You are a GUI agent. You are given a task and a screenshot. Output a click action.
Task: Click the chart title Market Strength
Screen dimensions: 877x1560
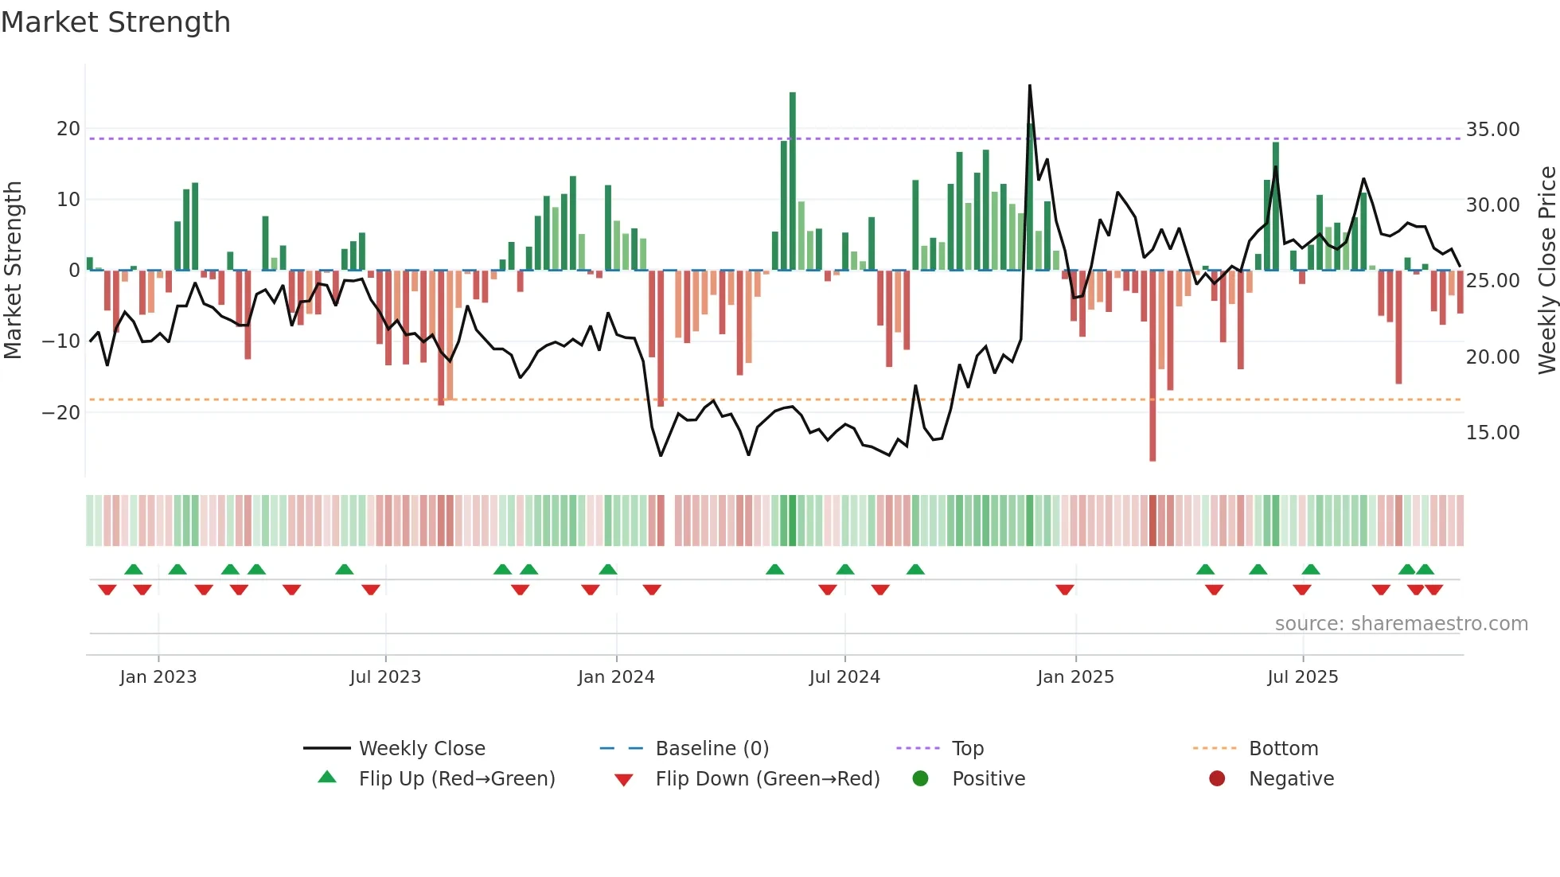click(x=115, y=22)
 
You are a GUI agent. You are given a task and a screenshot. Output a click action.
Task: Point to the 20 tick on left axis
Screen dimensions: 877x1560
click(x=68, y=129)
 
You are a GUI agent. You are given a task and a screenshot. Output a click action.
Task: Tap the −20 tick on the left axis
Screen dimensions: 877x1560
click(x=61, y=412)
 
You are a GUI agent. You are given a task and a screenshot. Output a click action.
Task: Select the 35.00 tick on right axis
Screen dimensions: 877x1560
click(x=1492, y=130)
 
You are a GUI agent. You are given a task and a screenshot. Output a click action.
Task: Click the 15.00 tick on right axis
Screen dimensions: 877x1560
click(x=1492, y=433)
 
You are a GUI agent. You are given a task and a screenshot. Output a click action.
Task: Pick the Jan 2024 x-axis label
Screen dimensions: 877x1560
click(x=616, y=677)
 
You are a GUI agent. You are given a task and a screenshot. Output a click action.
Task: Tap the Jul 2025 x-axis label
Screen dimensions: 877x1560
click(x=1302, y=677)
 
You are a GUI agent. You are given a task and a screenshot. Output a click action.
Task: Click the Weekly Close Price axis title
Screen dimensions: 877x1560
click(x=1546, y=271)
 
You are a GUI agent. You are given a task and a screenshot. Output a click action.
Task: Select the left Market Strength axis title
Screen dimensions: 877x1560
click(x=14, y=271)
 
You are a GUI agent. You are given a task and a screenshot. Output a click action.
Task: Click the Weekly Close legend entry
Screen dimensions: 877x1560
click(x=421, y=749)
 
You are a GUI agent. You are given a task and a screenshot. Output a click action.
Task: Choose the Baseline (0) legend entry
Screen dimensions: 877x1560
click(x=712, y=749)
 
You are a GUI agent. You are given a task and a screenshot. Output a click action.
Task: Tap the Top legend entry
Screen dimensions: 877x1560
click(x=967, y=749)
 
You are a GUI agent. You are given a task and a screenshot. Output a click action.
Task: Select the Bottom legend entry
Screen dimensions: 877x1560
click(x=1283, y=749)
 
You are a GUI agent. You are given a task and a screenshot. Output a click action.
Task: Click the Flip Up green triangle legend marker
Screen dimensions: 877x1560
click(x=327, y=778)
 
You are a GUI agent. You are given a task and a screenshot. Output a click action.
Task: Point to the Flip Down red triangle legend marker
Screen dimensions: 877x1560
click(x=624, y=780)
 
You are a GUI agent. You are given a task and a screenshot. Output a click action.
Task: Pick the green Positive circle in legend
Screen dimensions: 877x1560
click(x=920, y=778)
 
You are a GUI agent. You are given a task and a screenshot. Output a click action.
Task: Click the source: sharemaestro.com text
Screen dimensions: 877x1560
click(x=1401, y=624)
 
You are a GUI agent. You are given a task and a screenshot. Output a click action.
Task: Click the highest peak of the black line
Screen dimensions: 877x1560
click(x=1030, y=86)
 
